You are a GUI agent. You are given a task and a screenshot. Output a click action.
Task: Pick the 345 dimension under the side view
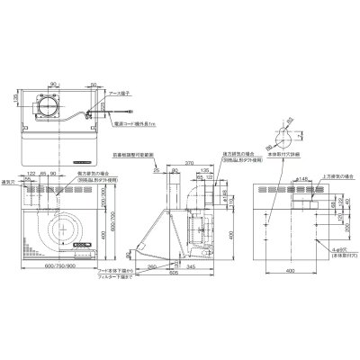(193, 267)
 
